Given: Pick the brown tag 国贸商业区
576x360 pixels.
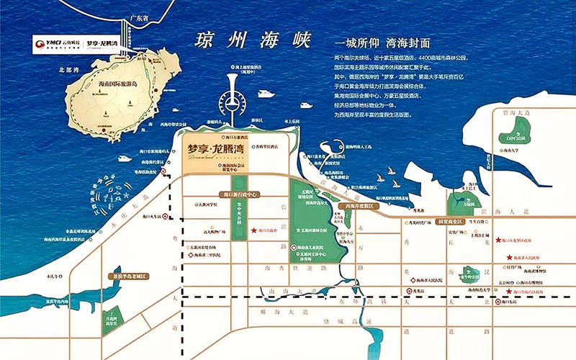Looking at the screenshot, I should [x=451, y=222].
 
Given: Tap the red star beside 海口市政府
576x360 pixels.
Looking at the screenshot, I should [x=254, y=231].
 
